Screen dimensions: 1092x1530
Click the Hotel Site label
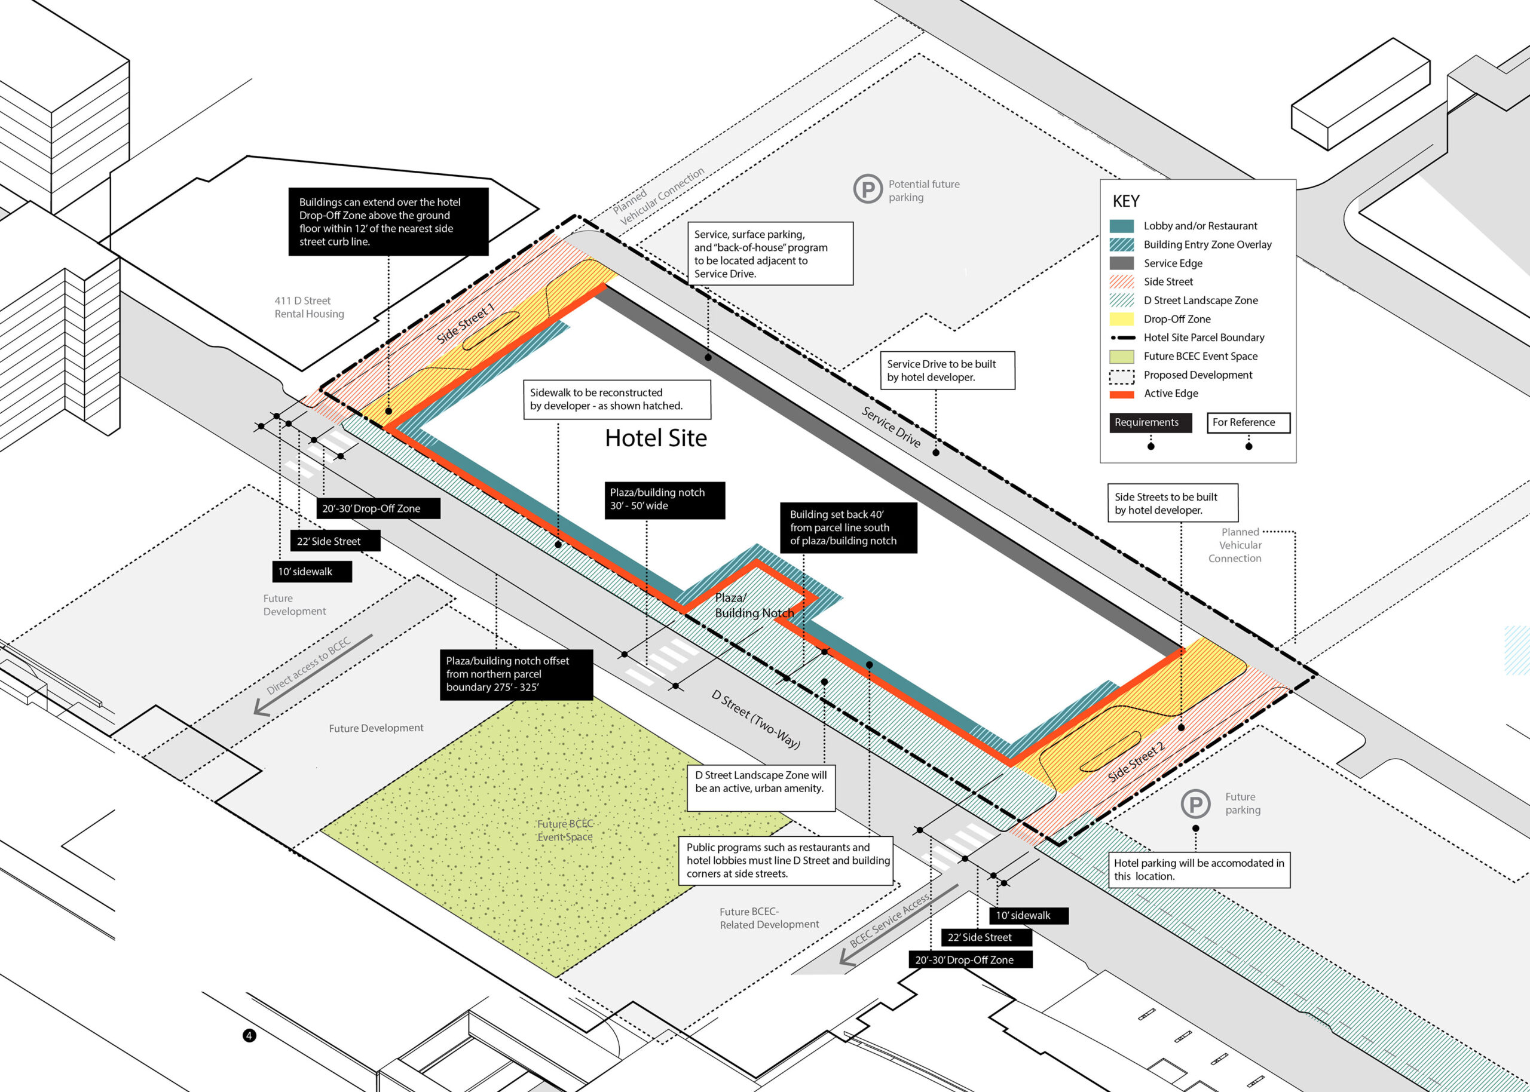tap(656, 438)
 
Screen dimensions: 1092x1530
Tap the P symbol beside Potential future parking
tap(868, 189)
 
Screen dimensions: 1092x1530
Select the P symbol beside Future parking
tap(1195, 803)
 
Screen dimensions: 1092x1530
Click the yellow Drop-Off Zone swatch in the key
tap(1121, 319)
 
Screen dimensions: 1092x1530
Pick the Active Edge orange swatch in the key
tap(1121, 394)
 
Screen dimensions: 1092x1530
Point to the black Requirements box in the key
tap(1150, 422)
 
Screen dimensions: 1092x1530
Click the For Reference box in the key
tap(1249, 422)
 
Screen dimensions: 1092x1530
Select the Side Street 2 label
tap(1136, 762)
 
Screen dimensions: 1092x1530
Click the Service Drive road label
tap(891, 427)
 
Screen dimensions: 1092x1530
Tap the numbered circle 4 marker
tap(249, 1035)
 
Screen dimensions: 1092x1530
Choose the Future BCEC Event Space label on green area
tap(565, 830)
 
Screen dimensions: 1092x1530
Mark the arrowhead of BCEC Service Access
tap(845, 959)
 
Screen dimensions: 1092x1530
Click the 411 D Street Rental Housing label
tap(309, 307)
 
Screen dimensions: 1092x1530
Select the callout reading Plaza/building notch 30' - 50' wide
tap(665, 499)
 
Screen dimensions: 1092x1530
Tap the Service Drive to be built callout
tap(947, 370)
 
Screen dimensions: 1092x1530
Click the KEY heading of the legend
tap(1126, 201)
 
